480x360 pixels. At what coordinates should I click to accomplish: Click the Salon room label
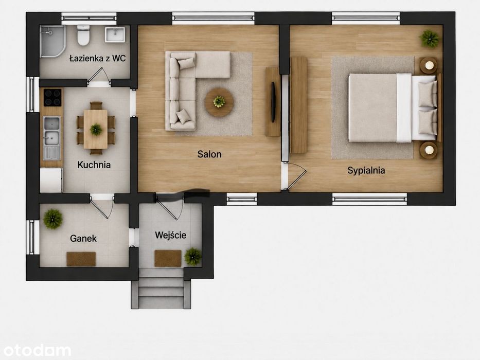[209, 154]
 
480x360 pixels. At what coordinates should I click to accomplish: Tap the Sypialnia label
[366, 171]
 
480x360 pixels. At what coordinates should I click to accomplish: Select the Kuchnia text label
[94, 165]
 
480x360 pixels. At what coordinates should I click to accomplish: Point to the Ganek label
[83, 238]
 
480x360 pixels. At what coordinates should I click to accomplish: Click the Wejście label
[170, 235]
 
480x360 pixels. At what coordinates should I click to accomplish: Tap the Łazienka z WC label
[98, 58]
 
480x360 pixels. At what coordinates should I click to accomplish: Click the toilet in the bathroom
[83, 35]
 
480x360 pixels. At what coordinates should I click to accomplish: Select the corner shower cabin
[52, 41]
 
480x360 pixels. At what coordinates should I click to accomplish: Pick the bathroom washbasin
[115, 34]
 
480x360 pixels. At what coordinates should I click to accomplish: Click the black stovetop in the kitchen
[52, 97]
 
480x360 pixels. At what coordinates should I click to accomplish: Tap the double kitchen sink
[51, 131]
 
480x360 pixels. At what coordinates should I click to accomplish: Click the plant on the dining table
[96, 129]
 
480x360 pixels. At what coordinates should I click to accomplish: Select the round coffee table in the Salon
[219, 102]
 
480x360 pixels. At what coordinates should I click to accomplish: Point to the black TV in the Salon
[273, 102]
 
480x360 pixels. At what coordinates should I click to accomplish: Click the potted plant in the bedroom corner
[430, 39]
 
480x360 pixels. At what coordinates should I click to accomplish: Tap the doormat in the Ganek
[81, 259]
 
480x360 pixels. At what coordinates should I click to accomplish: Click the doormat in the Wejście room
[168, 258]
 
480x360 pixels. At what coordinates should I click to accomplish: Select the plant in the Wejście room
[193, 257]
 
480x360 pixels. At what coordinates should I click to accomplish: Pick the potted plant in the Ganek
[53, 219]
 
